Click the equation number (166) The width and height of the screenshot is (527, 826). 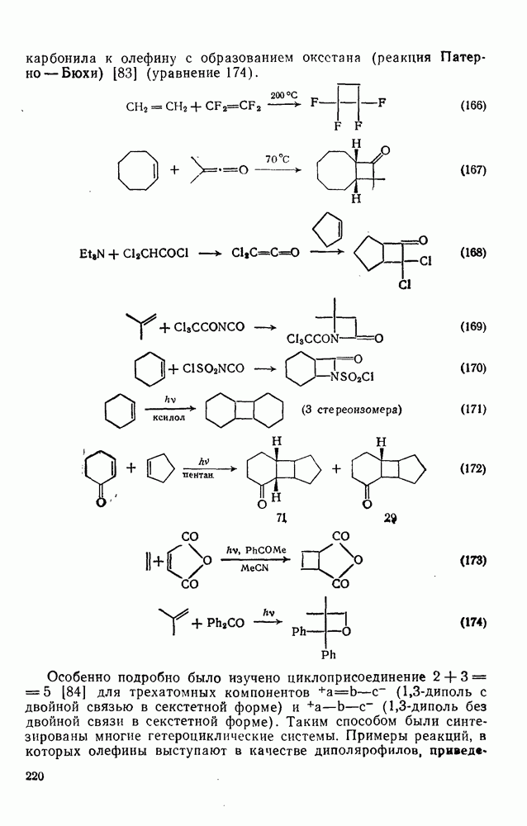coord(472,105)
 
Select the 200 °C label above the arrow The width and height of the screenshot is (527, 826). coord(284,95)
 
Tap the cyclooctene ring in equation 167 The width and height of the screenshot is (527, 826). coord(138,170)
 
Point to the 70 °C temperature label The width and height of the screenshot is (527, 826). coord(278,159)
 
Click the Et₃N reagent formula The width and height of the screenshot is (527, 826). coord(91,254)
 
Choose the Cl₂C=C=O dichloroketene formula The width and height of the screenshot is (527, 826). coord(265,253)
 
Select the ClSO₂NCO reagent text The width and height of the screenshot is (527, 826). coord(213,368)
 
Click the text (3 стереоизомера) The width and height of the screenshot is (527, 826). coord(352,410)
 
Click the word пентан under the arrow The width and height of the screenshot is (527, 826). coord(197,475)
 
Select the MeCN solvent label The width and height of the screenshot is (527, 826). coord(255,568)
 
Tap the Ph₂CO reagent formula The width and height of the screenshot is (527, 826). coord(226,623)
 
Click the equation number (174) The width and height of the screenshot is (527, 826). coord(472,623)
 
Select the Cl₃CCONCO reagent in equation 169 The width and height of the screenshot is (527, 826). coord(209,327)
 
